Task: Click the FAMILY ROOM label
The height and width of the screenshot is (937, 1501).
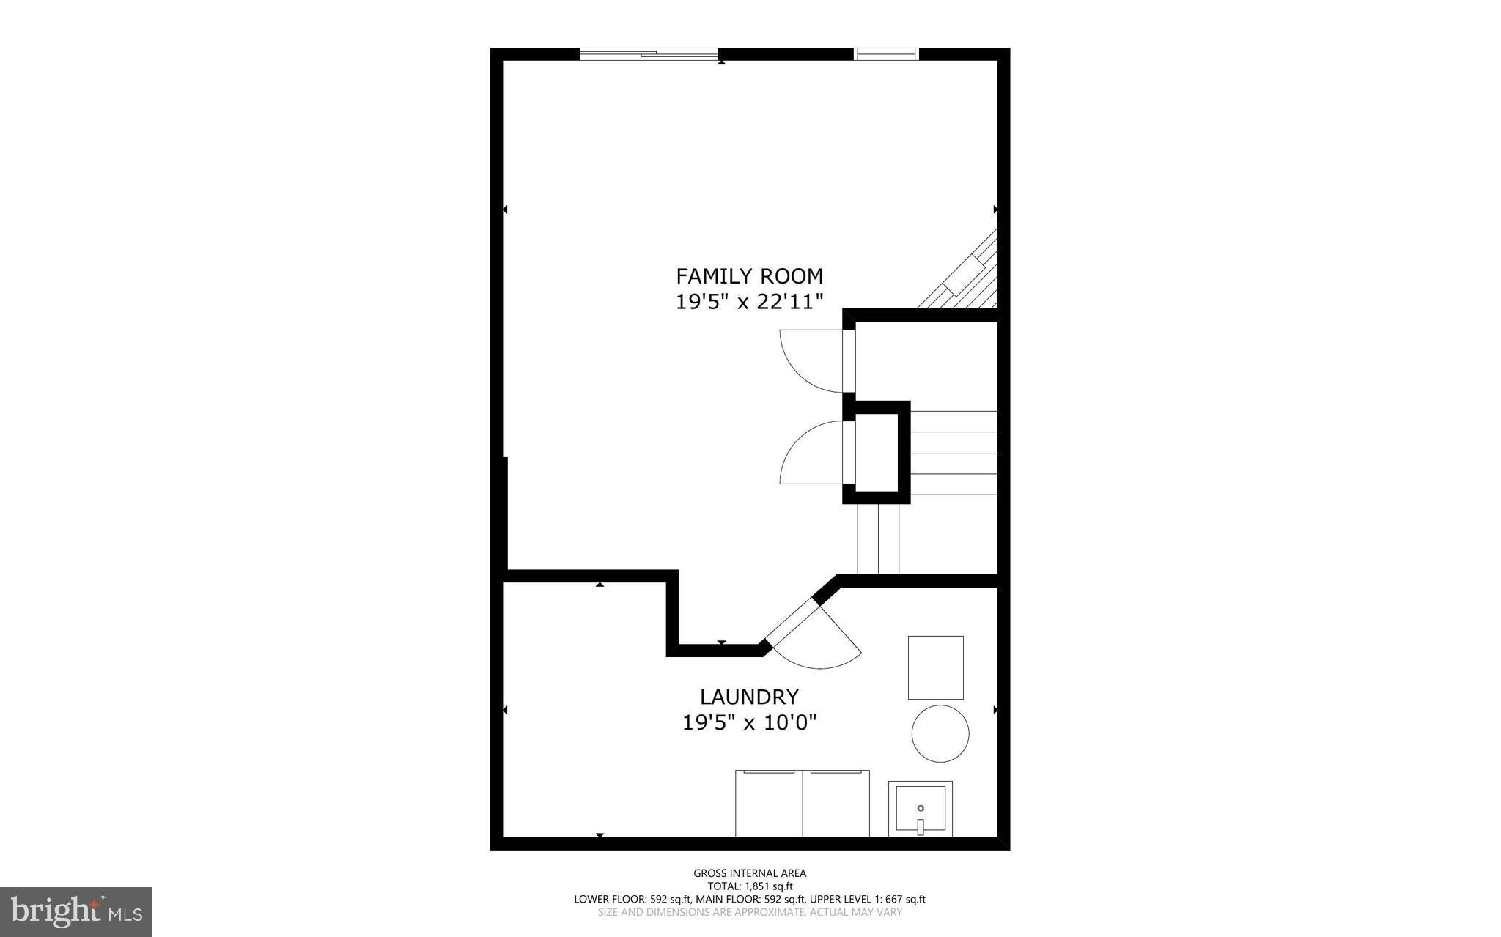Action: click(x=749, y=276)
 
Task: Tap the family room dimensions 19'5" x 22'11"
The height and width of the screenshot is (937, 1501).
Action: click(x=749, y=302)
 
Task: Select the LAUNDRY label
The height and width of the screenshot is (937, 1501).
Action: click(x=749, y=697)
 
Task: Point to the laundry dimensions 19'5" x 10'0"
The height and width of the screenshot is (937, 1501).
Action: click(x=749, y=723)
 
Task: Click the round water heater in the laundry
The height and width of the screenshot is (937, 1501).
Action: click(x=940, y=733)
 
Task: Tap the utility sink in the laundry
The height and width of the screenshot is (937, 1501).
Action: click(x=921, y=809)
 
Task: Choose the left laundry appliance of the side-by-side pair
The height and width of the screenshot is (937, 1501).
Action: click(x=769, y=803)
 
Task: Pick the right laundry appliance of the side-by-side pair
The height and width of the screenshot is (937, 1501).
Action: click(x=836, y=803)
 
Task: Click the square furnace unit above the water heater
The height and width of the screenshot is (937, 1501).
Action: click(x=935, y=667)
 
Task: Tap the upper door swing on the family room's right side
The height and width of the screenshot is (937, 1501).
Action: click(x=812, y=361)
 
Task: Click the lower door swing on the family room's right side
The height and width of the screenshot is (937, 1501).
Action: click(x=812, y=453)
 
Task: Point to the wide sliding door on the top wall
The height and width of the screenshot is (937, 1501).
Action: click(x=648, y=53)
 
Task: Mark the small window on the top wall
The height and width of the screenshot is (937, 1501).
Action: click(x=887, y=53)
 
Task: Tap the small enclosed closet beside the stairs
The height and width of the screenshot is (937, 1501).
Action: click(x=877, y=452)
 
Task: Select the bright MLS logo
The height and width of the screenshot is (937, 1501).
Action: click(x=76, y=911)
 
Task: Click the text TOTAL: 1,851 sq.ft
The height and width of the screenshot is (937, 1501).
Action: click(x=750, y=886)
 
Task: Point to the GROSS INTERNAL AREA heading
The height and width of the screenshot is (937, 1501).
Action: click(x=750, y=873)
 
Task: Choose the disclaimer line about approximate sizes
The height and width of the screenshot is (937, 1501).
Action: click(x=750, y=912)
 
